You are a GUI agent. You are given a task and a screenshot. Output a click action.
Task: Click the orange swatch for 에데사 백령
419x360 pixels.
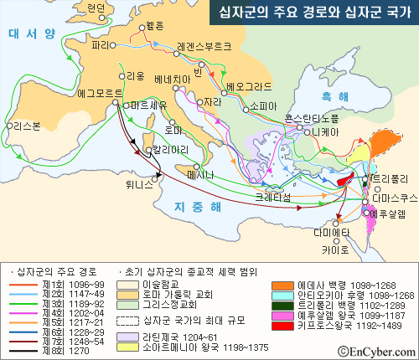pos(282,285)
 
